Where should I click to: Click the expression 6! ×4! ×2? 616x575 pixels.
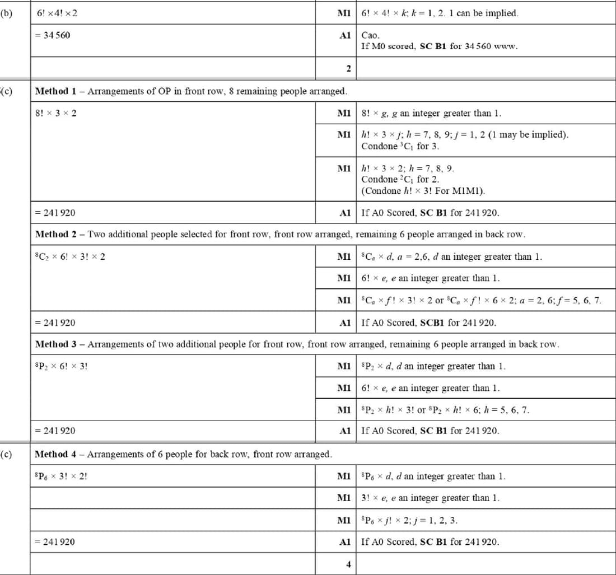[x=57, y=13]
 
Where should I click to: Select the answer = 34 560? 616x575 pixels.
[x=53, y=35]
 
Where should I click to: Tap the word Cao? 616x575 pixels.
[x=370, y=35]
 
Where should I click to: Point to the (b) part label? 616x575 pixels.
[x=6, y=13]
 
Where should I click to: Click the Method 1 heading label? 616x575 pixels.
[x=55, y=91]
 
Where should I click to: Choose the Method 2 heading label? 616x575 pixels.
[x=55, y=234]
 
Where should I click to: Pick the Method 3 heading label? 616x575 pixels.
[x=55, y=344]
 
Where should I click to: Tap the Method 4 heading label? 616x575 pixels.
[x=55, y=454]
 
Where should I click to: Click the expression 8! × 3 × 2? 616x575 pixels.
[x=56, y=113]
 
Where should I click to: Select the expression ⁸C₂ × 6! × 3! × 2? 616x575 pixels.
[x=70, y=256]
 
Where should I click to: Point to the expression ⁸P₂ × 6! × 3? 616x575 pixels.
[x=61, y=366]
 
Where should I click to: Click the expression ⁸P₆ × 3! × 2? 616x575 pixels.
[x=61, y=476]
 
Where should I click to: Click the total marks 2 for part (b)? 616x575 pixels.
[x=348, y=69]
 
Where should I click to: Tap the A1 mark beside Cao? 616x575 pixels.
[x=345, y=35]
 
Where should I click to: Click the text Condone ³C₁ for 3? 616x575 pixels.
[x=400, y=146]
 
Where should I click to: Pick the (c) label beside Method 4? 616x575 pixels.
[x=6, y=454]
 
